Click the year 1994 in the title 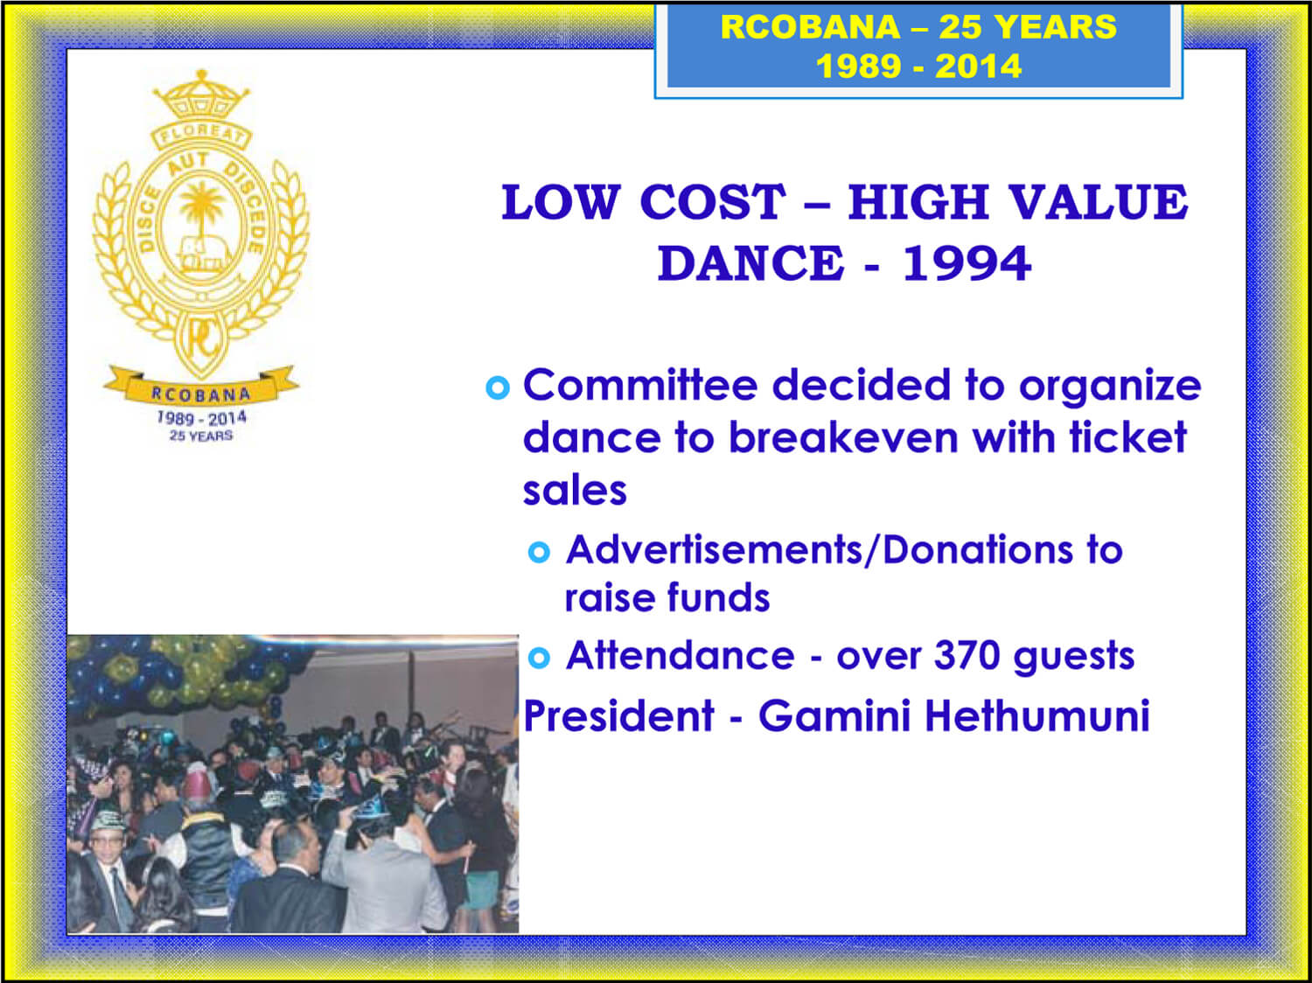pyautogui.click(x=966, y=263)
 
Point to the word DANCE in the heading pyautogui.click(x=750, y=263)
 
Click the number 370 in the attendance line pyautogui.click(x=967, y=656)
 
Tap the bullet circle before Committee pyautogui.click(x=498, y=387)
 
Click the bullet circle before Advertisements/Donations pyautogui.click(x=539, y=553)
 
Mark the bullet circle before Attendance pyautogui.click(x=539, y=659)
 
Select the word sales pyautogui.click(x=575, y=491)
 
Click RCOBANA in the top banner pyautogui.click(x=810, y=27)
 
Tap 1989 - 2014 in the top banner pyautogui.click(x=918, y=66)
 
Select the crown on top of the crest pyautogui.click(x=201, y=95)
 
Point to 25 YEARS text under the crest pyautogui.click(x=201, y=436)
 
